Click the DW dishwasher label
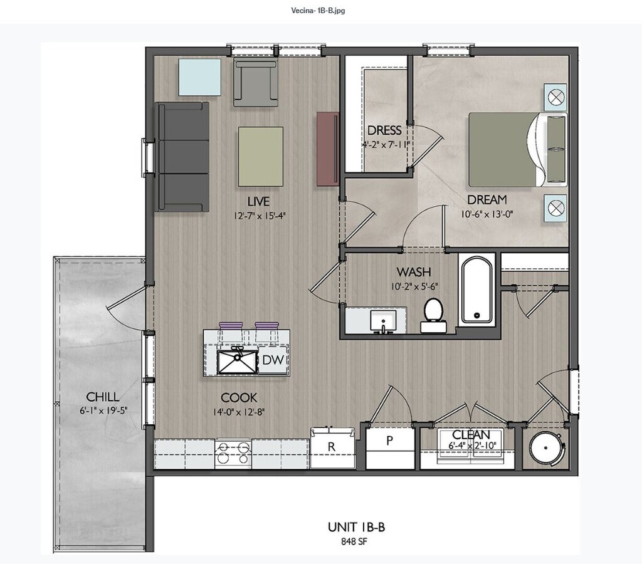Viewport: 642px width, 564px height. [x=273, y=360]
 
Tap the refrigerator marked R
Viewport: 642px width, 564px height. [x=332, y=447]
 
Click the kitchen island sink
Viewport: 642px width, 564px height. [x=237, y=362]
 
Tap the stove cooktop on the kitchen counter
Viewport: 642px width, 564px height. [x=233, y=454]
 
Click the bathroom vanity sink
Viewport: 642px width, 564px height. [x=383, y=321]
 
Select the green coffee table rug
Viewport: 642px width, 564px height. [x=261, y=157]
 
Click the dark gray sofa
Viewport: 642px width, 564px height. [x=182, y=157]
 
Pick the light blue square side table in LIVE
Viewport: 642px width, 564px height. [x=199, y=77]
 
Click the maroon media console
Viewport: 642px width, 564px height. [x=327, y=149]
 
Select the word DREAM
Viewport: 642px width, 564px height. [x=487, y=200]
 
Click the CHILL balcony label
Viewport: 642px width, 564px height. [x=103, y=397]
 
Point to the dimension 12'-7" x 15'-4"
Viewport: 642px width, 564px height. [x=259, y=216]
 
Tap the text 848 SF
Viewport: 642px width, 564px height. [x=354, y=541]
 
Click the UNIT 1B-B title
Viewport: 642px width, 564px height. [x=356, y=527]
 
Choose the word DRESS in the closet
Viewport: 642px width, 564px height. [x=384, y=130]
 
